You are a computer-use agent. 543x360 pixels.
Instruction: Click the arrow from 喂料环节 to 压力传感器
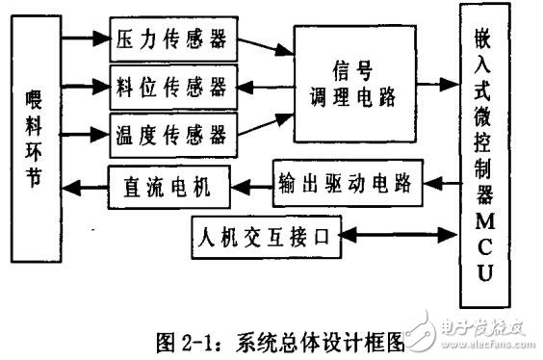tap(84, 40)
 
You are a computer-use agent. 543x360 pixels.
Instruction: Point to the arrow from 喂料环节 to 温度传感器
tap(84, 133)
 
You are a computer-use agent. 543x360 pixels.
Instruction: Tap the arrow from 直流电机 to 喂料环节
tap(85, 186)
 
